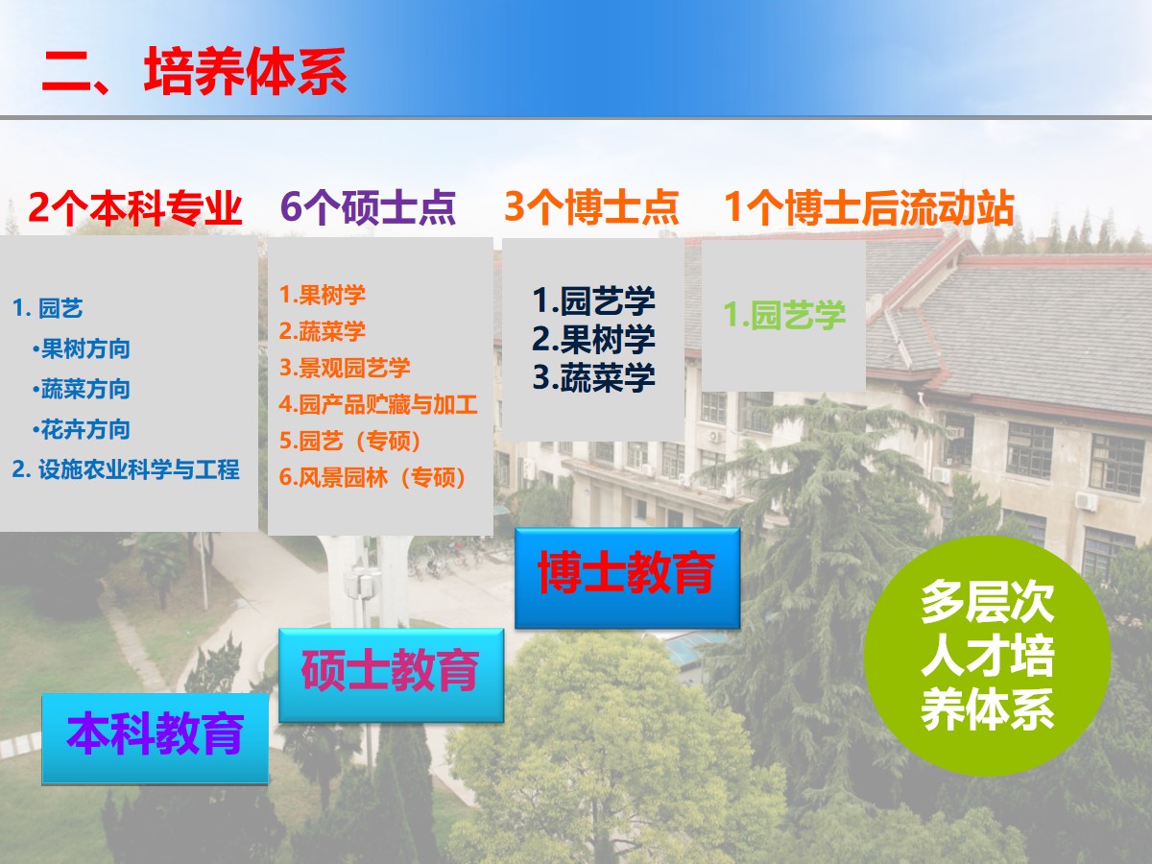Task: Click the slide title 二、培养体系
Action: tap(194, 71)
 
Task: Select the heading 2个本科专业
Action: tap(135, 207)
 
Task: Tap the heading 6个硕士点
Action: tap(368, 207)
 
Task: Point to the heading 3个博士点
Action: tap(591, 207)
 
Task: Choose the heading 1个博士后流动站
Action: tap(869, 207)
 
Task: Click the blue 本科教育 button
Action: tap(155, 738)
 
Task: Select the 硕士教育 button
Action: tap(391, 675)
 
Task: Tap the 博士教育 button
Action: tap(627, 578)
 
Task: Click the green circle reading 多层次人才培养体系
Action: tap(987, 656)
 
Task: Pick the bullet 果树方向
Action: tap(82, 348)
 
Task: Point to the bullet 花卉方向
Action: tap(82, 430)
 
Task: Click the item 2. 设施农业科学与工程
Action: tap(126, 469)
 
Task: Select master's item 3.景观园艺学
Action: tap(345, 368)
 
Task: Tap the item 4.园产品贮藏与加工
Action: tap(378, 404)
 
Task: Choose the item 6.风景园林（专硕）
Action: tap(372, 477)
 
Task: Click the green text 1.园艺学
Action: tap(784, 315)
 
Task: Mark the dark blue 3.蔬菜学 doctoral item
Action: tap(594, 377)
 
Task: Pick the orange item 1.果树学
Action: tap(323, 295)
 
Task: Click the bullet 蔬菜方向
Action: tap(82, 389)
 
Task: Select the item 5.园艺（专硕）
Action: tap(350, 441)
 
